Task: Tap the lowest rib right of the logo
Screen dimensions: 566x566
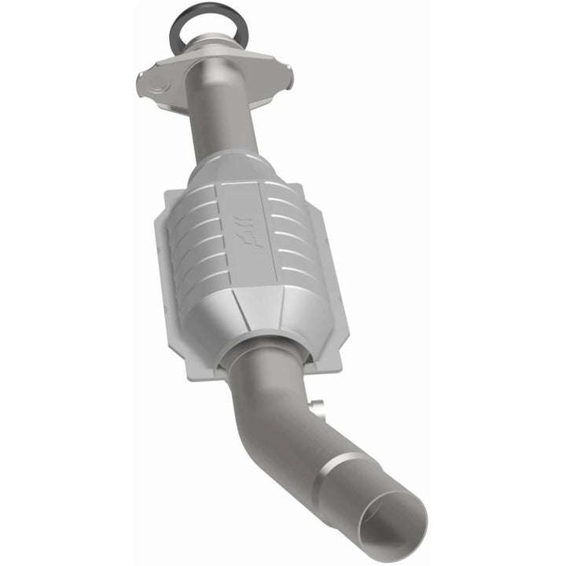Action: [306, 271]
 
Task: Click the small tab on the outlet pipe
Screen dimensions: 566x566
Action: [316, 408]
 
